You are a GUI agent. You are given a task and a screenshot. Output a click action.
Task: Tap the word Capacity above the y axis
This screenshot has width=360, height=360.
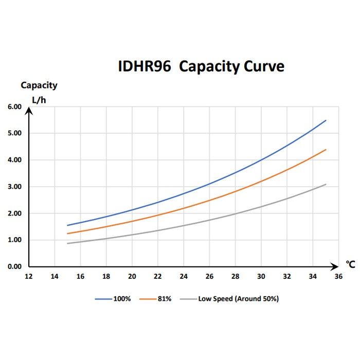(x=39, y=85)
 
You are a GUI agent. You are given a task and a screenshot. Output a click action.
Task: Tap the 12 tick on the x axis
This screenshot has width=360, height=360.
(x=29, y=276)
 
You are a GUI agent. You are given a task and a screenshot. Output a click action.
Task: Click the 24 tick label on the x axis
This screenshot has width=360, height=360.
(x=184, y=276)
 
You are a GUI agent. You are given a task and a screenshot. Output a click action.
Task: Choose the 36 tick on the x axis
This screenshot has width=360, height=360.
(x=338, y=276)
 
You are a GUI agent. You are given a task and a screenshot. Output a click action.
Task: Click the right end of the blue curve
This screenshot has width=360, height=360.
(x=326, y=120)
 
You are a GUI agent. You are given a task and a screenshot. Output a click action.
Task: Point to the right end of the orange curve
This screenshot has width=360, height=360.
(x=326, y=150)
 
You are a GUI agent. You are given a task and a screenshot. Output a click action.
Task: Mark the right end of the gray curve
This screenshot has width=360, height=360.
(x=326, y=184)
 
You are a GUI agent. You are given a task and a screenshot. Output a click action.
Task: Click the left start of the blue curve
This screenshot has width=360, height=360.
(x=67, y=225)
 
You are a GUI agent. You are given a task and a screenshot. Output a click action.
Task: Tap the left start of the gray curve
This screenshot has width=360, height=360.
(x=67, y=243)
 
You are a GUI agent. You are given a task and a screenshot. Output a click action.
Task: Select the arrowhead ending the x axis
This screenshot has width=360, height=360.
(x=337, y=266)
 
